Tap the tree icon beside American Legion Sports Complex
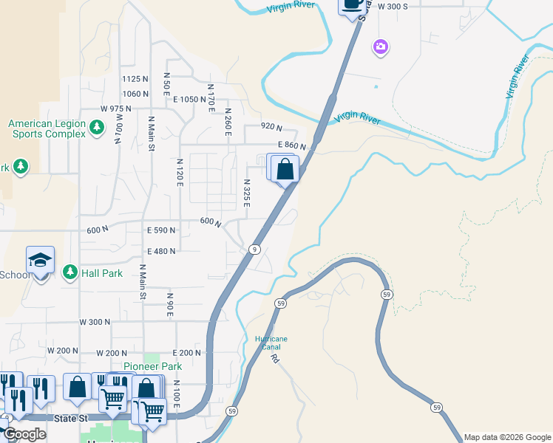pyautogui.click(x=96, y=128)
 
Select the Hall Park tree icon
pyautogui.click(x=70, y=273)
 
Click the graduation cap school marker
pyautogui.click(x=41, y=261)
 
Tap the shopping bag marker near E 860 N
pyautogui.click(x=285, y=170)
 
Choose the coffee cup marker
pyautogui.click(x=353, y=5)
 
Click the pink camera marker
pyautogui.click(x=381, y=48)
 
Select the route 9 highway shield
pyautogui.click(x=254, y=249)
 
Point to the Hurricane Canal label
pyautogui.click(x=271, y=343)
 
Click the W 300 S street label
pyautogui.click(x=393, y=7)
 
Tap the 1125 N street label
pyautogui.click(x=135, y=79)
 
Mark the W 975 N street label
pyautogui.click(x=115, y=109)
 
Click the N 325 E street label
pyautogui.click(x=246, y=193)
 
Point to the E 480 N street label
pyautogui.click(x=161, y=251)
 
